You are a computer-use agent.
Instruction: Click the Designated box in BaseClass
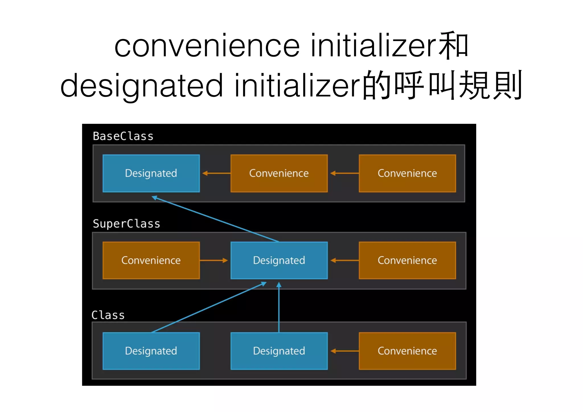(151, 173)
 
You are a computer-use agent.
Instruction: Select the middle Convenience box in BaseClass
(279, 173)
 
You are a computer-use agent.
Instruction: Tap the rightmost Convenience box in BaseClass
(407, 173)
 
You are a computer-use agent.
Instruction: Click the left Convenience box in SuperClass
(151, 260)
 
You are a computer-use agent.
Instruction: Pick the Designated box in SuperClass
(279, 260)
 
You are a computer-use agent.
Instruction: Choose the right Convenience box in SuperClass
(407, 260)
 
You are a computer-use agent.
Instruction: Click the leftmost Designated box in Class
(151, 351)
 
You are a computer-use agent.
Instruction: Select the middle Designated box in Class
(279, 351)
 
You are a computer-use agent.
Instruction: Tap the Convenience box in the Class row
(407, 351)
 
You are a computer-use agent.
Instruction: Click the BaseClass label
(123, 136)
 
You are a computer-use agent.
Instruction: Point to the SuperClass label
(126, 224)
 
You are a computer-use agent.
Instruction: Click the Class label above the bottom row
(108, 315)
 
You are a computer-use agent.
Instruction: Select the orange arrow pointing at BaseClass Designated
(216, 173)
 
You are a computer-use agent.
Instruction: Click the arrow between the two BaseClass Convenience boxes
(344, 173)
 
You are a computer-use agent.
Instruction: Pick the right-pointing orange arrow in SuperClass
(214, 260)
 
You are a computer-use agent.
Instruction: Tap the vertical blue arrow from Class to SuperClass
(279, 308)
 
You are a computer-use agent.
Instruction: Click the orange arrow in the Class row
(344, 351)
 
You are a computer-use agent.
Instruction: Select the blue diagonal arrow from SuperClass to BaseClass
(215, 218)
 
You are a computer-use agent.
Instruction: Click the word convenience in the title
(207, 46)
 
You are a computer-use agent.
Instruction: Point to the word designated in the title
(141, 85)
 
